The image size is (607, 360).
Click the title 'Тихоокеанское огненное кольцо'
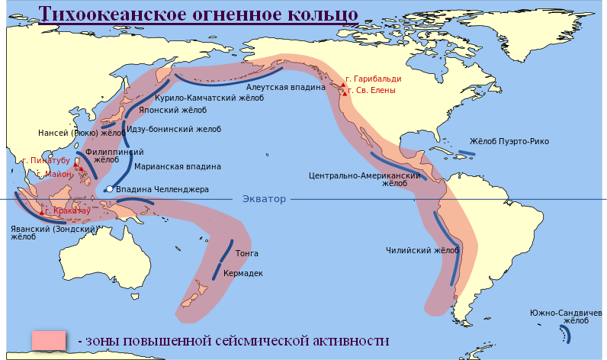tap(198, 14)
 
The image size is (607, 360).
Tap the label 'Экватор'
tap(264, 199)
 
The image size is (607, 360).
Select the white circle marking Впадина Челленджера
tap(111, 188)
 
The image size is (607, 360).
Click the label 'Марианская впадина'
tap(178, 166)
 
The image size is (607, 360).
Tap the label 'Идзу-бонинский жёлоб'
tap(173, 129)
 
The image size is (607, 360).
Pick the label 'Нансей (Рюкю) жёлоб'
tap(82, 133)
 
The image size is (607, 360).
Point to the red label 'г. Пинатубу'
tap(47, 161)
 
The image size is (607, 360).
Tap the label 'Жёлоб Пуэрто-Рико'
tap(509, 142)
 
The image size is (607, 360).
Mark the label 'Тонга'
tap(247, 253)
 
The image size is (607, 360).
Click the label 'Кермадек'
tap(243, 273)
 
